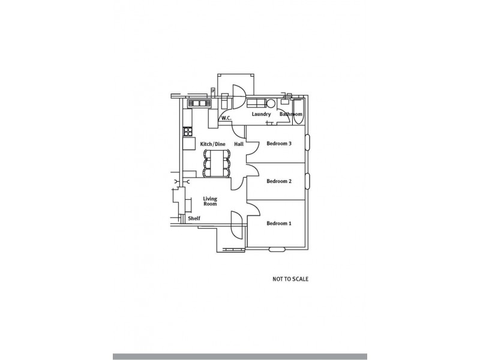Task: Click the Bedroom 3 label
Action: coord(279,144)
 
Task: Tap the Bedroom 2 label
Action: coord(279,181)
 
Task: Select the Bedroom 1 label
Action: coord(279,224)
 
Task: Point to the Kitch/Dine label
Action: coord(212,144)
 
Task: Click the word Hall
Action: coord(239,144)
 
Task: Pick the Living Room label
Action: coord(209,201)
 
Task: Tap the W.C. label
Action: coord(226,118)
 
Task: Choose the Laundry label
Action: coord(262,114)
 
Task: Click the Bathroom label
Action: coord(291,114)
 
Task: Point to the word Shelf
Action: coord(194,219)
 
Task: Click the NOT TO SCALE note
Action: coord(290,279)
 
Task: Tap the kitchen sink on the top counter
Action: coord(198,103)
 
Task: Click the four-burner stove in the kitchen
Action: coord(187,131)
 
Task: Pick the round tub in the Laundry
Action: coord(271,103)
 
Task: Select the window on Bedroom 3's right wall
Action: coord(308,142)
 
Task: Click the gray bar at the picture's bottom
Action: coord(240,356)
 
